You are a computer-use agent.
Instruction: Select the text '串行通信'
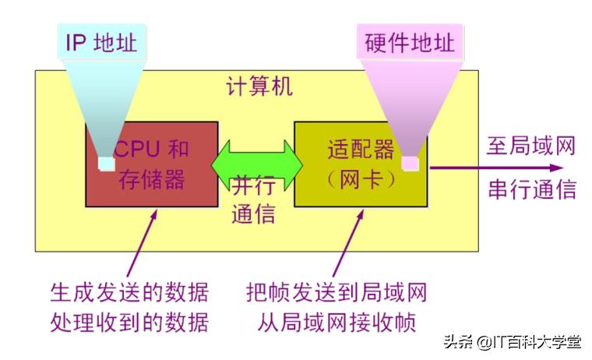[x=533, y=189]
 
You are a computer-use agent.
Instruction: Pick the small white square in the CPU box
[x=106, y=163]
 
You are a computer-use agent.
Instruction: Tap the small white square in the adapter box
[x=410, y=163]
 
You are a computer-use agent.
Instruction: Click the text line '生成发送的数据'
[x=129, y=293]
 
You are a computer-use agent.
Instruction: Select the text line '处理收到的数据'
[x=129, y=321]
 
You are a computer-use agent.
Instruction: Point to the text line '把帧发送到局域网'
[x=337, y=293]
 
